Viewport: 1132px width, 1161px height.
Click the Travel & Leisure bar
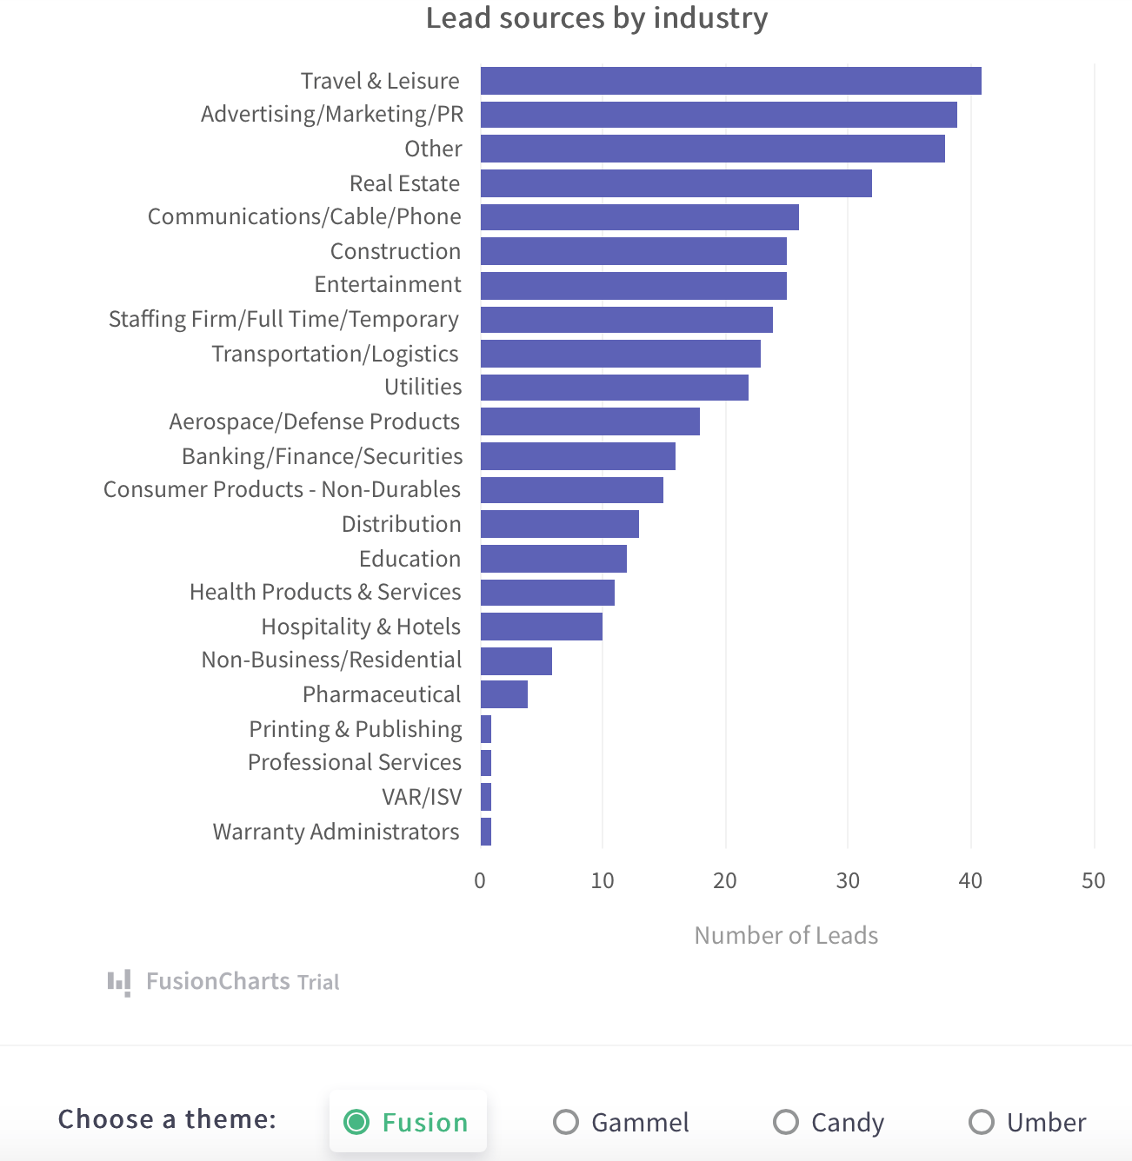click(730, 81)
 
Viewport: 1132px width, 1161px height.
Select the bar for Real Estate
click(676, 183)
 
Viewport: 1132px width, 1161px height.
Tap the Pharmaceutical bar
click(503, 694)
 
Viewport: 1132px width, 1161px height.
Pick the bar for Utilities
click(614, 388)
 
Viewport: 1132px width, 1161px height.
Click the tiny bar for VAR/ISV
click(486, 797)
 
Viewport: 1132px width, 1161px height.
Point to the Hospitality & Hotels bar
click(541, 627)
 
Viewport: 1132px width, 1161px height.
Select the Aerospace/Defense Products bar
click(589, 421)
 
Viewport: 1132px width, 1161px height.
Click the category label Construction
click(396, 251)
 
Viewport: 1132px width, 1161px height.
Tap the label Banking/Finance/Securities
click(322, 456)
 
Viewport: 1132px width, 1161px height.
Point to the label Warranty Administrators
click(336, 832)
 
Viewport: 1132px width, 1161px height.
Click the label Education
click(410, 559)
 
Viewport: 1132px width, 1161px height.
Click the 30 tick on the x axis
click(848, 881)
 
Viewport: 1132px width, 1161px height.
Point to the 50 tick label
click(1093, 881)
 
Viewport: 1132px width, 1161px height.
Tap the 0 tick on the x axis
click(480, 881)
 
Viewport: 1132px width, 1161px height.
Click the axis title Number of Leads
click(786, 935)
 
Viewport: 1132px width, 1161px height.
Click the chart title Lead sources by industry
click(596, 18)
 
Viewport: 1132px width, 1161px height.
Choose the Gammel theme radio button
click(566, 1122)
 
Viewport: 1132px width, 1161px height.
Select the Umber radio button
click(982, 1122)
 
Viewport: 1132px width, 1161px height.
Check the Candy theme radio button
click(786, 1122)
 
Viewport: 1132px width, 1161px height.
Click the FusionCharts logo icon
click(119, 982)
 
